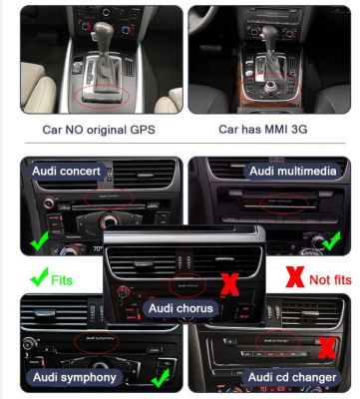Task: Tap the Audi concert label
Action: (x=66, y=172)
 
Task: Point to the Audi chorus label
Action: (x=180, y=308)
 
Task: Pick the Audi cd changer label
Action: (x=287, y=377)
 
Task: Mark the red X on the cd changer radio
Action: (x=324, y=346)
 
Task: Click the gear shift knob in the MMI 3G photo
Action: (x=270, y=55)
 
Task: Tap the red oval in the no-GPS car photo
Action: (x=99, y=96)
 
